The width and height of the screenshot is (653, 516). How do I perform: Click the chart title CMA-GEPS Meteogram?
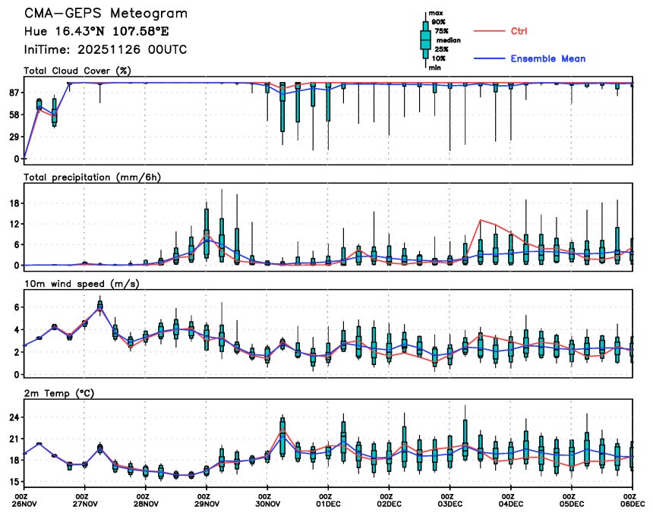click(106, 14)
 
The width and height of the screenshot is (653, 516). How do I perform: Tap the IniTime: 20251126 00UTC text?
click(106, 49)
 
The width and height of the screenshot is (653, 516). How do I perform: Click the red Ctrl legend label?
click(519, 31)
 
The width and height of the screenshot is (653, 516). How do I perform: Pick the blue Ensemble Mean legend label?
click(547, 58)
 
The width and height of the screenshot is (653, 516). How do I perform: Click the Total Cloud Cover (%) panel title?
click(77, 71)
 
